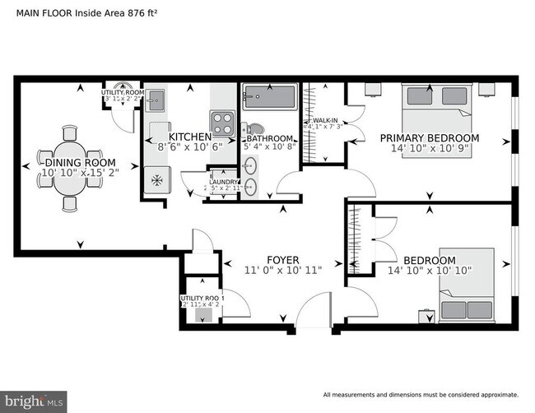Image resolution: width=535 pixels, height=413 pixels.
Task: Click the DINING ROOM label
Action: [74, 163]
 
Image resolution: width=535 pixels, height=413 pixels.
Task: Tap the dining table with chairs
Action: [72, 169]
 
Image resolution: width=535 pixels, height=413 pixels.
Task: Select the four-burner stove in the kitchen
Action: [223, 123]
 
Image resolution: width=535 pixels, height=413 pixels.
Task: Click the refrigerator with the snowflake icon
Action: [156, 179]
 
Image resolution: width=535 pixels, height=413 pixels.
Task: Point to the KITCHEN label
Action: [190, 137]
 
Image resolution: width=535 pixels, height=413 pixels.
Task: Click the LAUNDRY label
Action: [223, 182]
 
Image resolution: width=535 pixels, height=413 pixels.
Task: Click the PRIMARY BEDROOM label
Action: [429, 138]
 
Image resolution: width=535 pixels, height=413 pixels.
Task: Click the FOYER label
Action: [282, 258]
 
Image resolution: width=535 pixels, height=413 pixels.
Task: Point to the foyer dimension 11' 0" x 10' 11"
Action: [282, 270]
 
